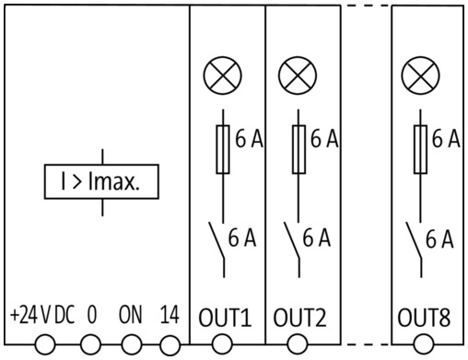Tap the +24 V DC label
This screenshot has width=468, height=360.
(42, 315)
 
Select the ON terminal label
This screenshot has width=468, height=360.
(131, 315)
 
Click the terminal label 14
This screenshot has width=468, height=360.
(170, 315)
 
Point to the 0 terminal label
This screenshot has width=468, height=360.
(92, 315)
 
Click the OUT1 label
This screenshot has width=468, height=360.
(225, 318)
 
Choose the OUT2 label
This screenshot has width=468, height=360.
(299, 318)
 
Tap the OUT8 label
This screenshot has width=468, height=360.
(424, 318)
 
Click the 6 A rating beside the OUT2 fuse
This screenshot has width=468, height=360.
(324, 139)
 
